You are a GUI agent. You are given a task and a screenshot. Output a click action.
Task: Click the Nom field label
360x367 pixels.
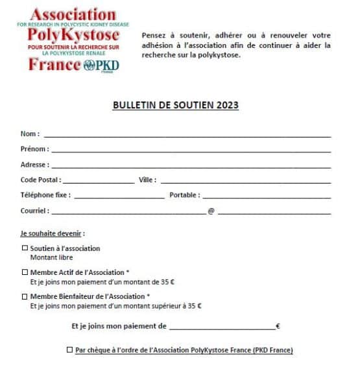29,134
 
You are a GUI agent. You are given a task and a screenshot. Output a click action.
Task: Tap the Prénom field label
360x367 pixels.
34,149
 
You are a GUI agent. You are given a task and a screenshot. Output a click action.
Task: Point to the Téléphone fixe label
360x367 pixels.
45,195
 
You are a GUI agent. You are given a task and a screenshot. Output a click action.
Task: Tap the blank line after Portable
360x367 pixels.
267,196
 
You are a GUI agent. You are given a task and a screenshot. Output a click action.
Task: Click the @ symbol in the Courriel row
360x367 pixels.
211,211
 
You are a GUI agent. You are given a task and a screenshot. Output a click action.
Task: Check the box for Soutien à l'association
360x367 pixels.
25,248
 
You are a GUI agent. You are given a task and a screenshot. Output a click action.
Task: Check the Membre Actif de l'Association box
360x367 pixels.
25,273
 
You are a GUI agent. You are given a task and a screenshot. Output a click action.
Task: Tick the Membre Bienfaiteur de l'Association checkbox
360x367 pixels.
25,297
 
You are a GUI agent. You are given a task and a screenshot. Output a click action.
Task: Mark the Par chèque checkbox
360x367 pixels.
69,351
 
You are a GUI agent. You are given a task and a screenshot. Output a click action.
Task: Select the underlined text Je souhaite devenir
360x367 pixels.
53,233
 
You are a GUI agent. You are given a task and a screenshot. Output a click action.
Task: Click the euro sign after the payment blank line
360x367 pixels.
278,327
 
